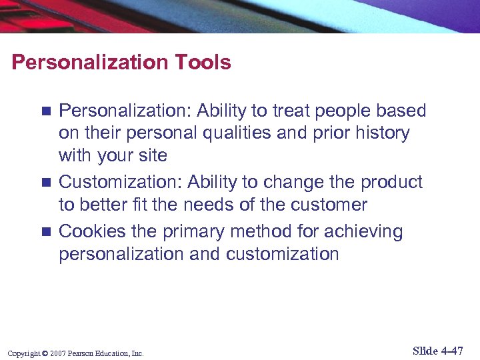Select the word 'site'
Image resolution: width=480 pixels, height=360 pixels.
tap(153, 155)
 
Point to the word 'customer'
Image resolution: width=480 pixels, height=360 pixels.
tap(331, 205)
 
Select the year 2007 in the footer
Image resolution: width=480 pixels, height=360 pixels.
tap(57, 353)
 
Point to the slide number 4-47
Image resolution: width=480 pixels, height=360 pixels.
tap(452, 351)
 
